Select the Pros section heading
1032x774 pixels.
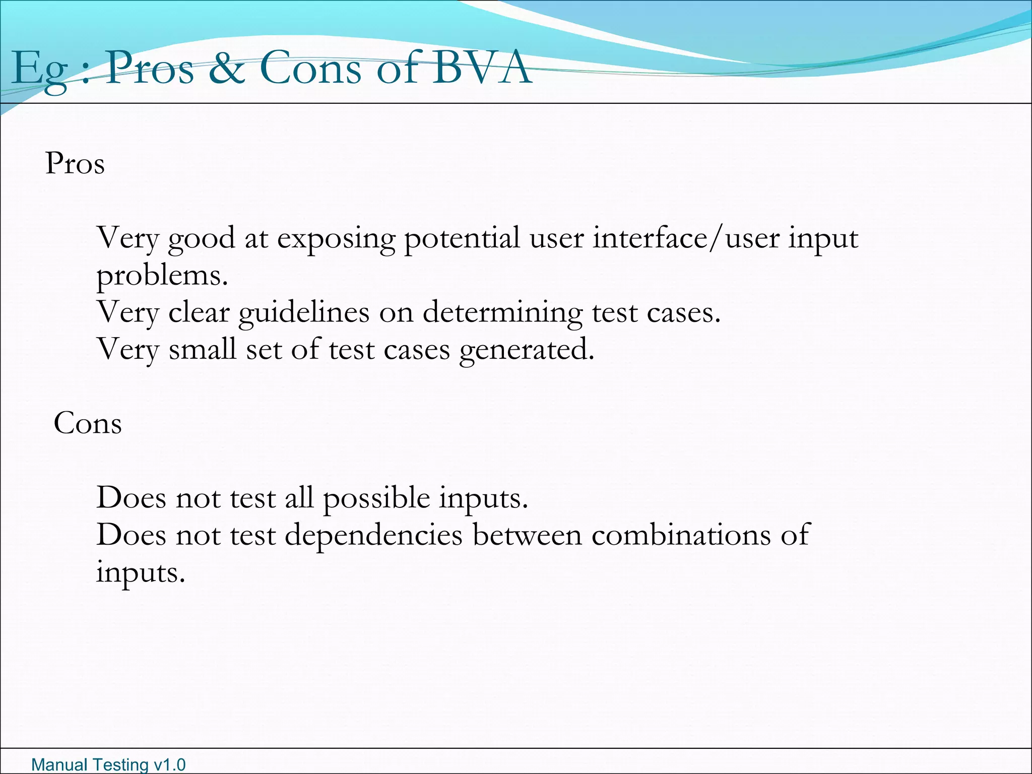(x=75, y=164)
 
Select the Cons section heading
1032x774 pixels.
(x=88, y=423)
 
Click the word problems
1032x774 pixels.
(x=162, y=276)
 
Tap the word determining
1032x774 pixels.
(x=502, y=313)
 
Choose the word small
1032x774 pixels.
(x=202, y=349)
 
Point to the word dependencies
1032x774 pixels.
(x=373, y=535)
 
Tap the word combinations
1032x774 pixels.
(x=681, y=535)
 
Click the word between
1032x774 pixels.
(x=527, y=535)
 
